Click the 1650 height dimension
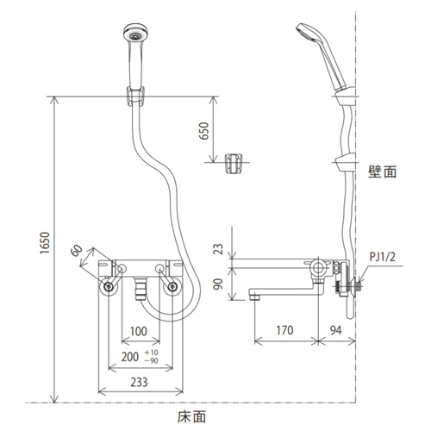45,242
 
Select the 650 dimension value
204,131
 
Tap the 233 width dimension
139,382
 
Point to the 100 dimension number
139,331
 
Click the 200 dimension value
130,357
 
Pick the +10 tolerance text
152,353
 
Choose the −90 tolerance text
152,360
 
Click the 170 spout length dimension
284,330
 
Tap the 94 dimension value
335,330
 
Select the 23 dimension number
218,249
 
